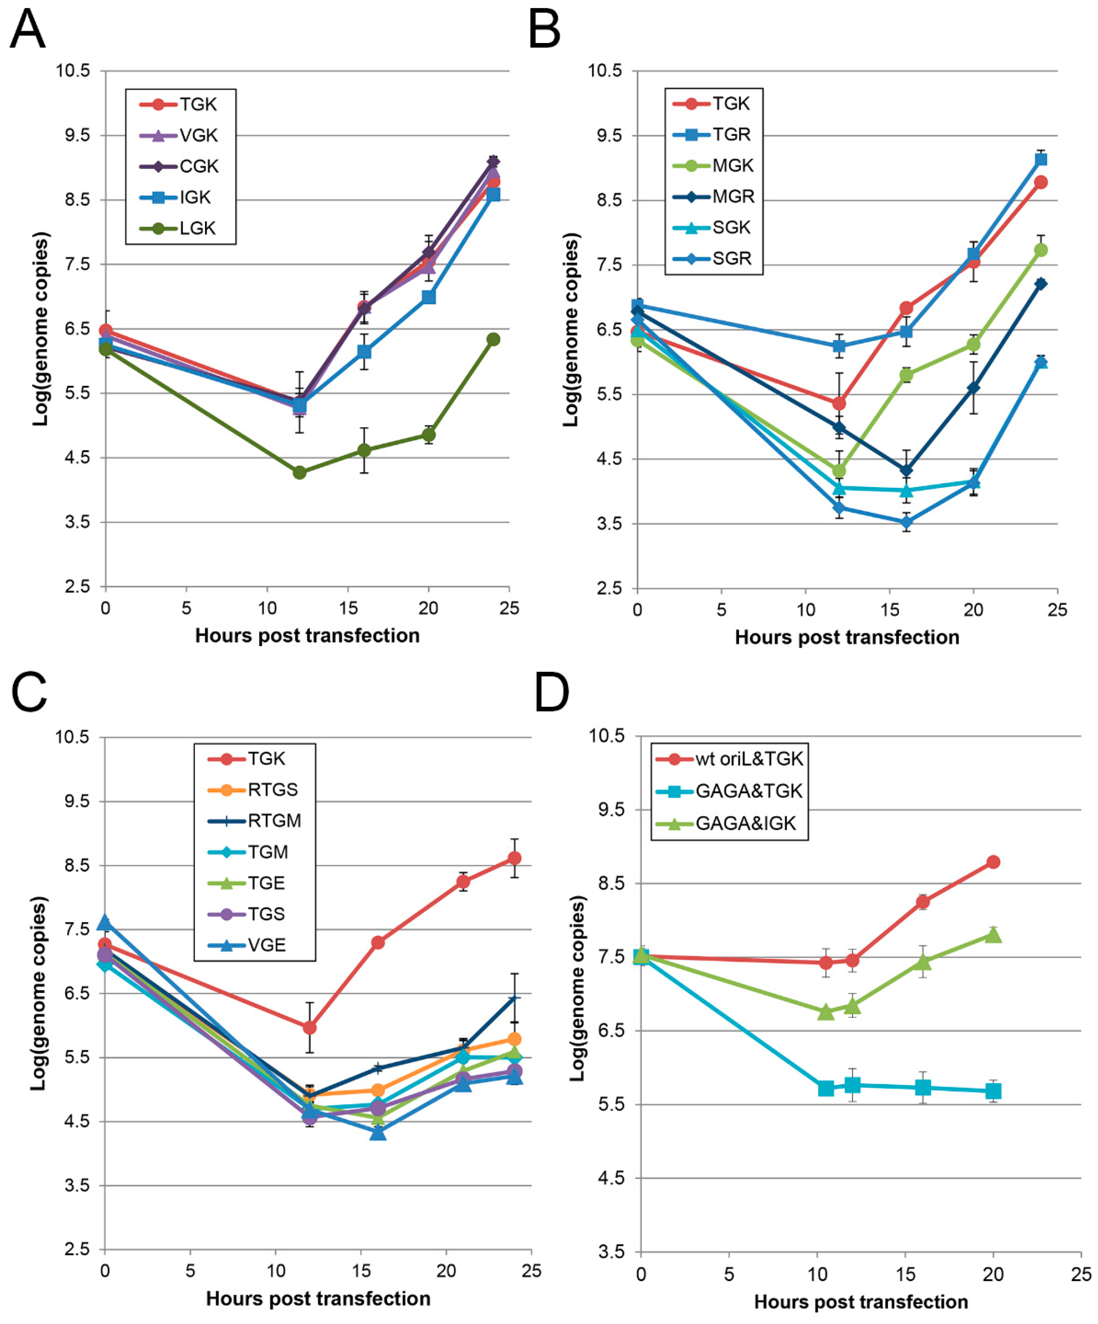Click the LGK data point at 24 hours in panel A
pyautogui.click(x=493, y=339)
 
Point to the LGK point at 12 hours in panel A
pyautogui.click(x=299, y=472)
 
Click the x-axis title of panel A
pyautogui.click(x=307, y=635)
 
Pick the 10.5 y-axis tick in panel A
pyautogui.click(x=73, y=70)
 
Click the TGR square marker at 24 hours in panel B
pyautogui.click(x=1041, y=159)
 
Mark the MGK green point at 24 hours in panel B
pyautogui.click(x=1041, y=250)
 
